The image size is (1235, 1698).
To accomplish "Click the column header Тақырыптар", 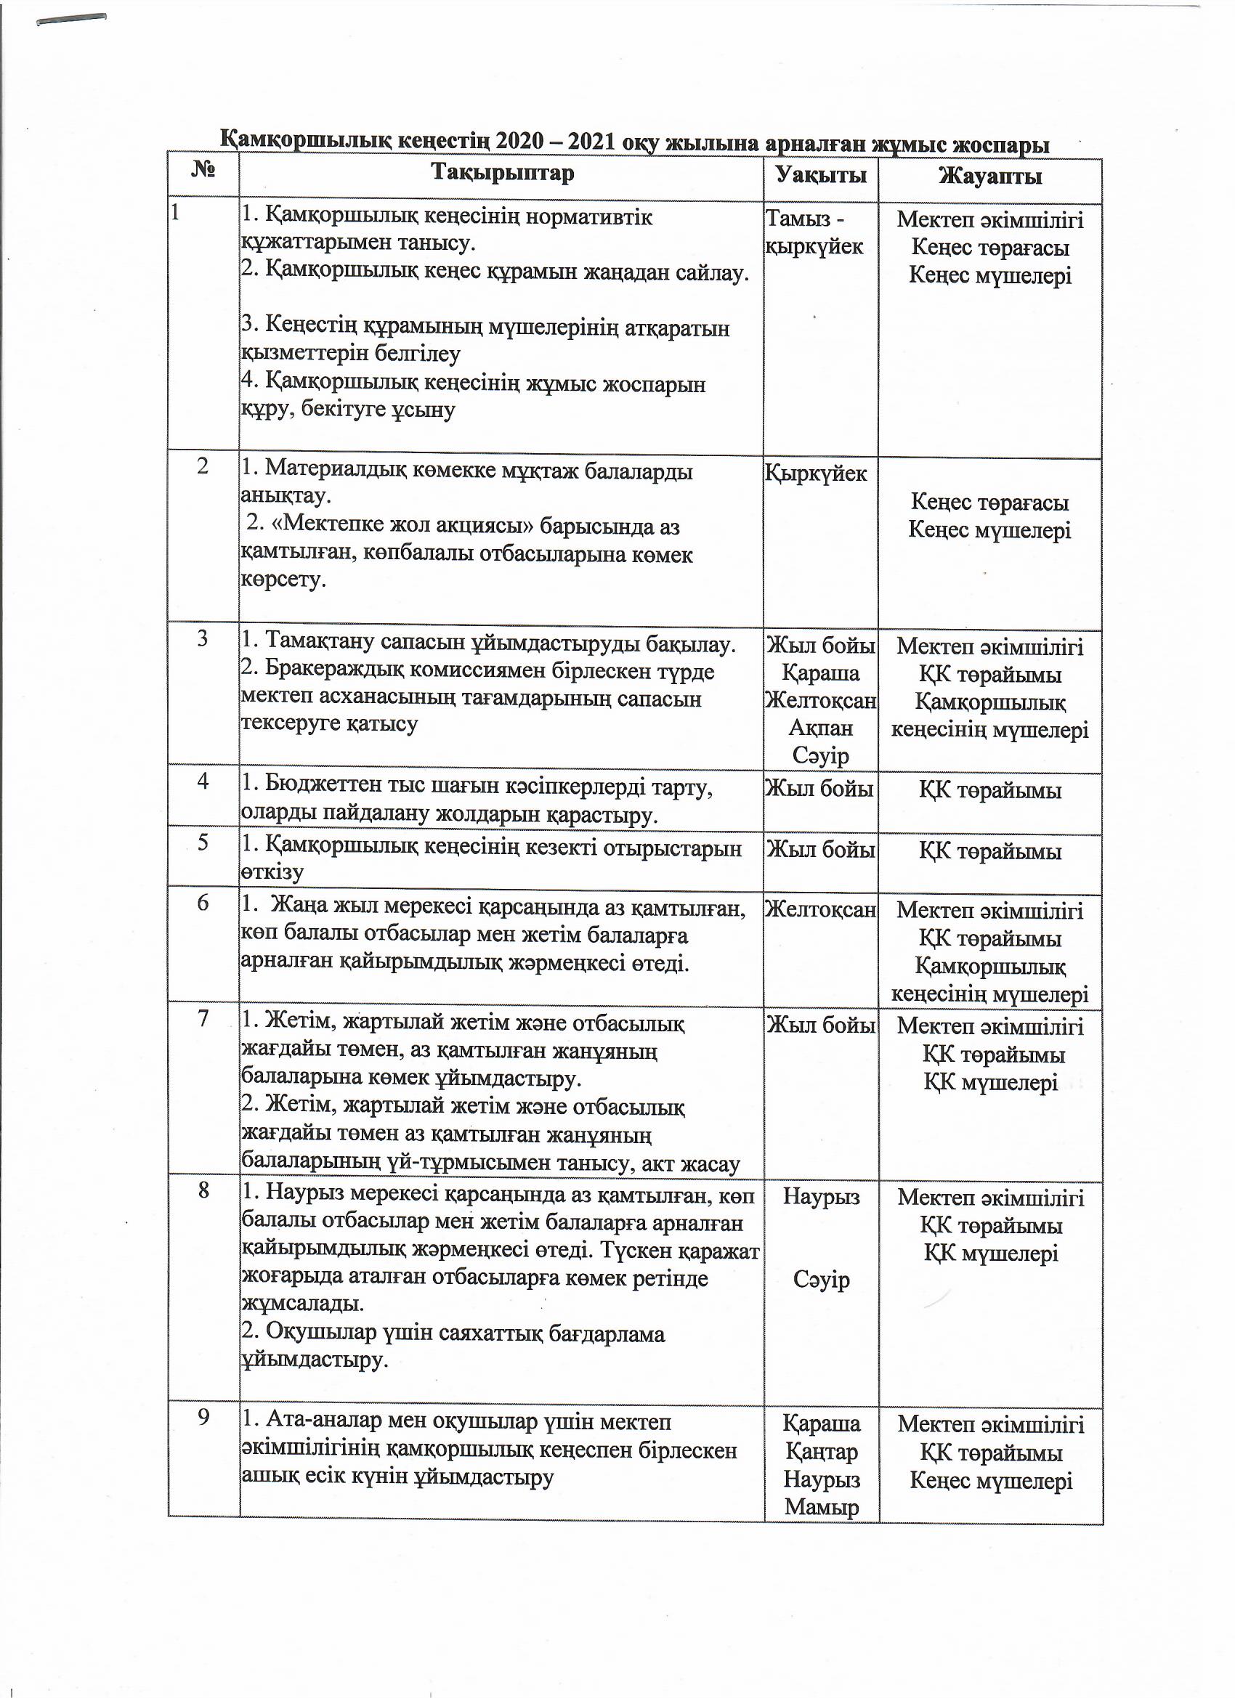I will pos(503,173).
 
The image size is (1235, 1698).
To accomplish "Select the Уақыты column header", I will pos(821,175).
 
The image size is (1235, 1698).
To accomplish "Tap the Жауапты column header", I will pos(989,176).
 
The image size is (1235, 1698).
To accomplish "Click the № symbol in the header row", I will pos(203,171).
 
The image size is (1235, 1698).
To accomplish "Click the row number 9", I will pos(203,1416).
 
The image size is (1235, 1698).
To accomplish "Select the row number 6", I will pos(203,903).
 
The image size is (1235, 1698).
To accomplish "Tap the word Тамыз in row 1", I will pos(796,219).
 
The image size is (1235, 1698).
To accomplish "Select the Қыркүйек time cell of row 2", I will pos(816,474).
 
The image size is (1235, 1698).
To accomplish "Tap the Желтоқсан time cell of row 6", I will pos(820,909).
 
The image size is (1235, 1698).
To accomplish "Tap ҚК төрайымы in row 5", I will pos(989,851).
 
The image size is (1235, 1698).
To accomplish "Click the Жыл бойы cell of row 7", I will pos(820,1025).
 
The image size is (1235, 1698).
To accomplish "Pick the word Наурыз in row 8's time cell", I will pos(821,1196).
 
